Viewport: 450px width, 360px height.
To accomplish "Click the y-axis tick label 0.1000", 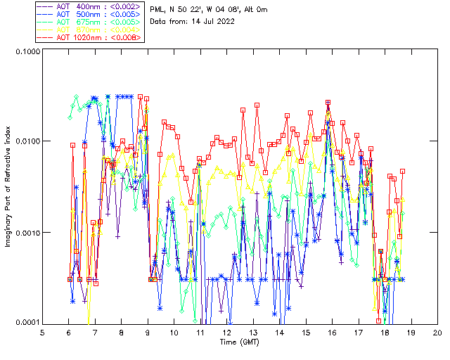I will coord(27,51).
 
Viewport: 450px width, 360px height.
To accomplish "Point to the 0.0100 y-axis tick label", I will coord(27,141).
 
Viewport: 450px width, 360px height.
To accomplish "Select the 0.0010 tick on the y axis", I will coord(27,232).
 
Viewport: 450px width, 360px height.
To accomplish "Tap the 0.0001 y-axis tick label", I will coord(27,322).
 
